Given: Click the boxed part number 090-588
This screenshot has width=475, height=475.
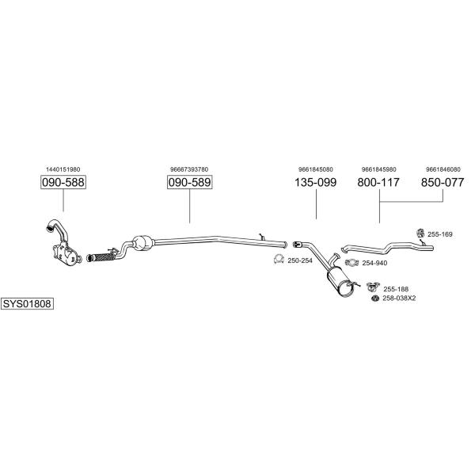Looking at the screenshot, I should pyautogui.click(x=63, y=183).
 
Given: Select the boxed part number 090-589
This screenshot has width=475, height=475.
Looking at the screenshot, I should pyautogui.click(x=189, y=183).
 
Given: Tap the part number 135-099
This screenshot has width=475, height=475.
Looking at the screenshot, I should pyautogui.click(x=316, y=183).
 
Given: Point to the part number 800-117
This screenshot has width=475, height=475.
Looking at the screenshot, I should pyautogui.click(x=378, y=183).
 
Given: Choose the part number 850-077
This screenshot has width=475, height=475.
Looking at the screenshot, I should pyautogui.click(x=443, y=183).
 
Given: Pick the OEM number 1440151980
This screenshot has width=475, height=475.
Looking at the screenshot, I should pyautogui.click(x=63, y=169).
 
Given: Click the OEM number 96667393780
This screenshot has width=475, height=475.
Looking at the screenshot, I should pyautogui.click(x=189, y=169).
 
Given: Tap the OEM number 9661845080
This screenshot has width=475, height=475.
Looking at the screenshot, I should pyautogui.click(x=316, y=169).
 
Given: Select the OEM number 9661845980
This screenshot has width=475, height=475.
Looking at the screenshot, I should pyautogui.click(x=378, y=169).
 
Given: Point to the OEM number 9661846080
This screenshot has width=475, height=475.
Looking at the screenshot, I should pyautogui.click(x=443, y=169).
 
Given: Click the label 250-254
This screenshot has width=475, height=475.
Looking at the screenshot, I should pyautogui.click(x=300, y=260).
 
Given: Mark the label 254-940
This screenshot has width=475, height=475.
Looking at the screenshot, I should pyautogui.click(x=374, y=263).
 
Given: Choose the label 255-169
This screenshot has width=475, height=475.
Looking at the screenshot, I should pyautogui.click(x=440, y=234).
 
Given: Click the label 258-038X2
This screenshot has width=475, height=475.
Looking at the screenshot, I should pyautogui.click(x=399, y=298).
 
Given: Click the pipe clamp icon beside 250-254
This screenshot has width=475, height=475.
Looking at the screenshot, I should pyautogui.click(x=278, y=260).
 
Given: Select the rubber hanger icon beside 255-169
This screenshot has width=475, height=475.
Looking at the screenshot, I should pyautogui.click(x=420, y=233).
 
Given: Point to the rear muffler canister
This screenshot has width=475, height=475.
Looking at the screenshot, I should pyautogui.click(x=341, y=281).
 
